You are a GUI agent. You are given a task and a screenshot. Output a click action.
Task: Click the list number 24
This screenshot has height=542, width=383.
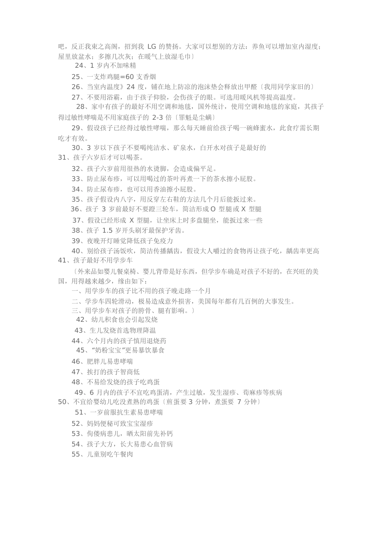coord(79,66)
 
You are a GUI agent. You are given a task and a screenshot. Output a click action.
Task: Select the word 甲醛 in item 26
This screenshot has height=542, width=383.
coord(252,87)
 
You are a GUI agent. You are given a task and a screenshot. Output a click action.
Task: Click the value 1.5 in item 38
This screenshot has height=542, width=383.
coord(107,231)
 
